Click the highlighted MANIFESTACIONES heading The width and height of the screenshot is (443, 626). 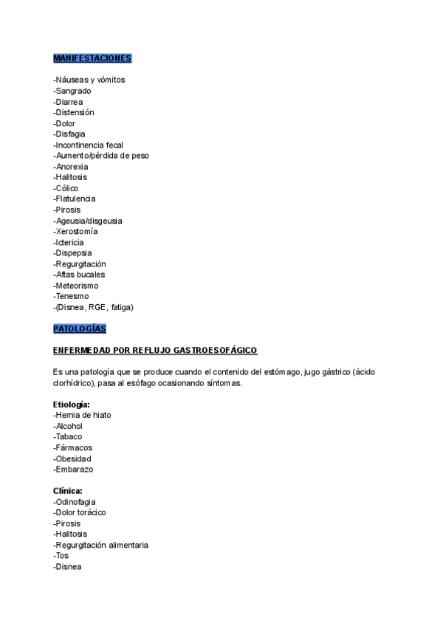pyautogui.click(x=92, y=58)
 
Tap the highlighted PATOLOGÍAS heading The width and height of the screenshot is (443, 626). pyautogui.click(x=80, y=328)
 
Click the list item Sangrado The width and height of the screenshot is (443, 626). pyautogui.click(x=73, y=91)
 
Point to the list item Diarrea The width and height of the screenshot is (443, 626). pyautogui.click(x=69, y=102)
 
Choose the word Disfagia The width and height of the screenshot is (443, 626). pyautogui.click(x=71, y=134)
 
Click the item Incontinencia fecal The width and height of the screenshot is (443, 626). pyautogui.click(x=89, y=145)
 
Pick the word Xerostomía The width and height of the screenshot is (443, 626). pyautogui.click(x=77, y=231)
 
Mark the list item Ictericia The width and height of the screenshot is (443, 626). pyautogui.click(x=69, y=242)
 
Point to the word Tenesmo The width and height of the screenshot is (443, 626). pyautogui.click(x=72, y=296)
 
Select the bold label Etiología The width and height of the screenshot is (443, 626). pyautogui.click(x=72, y=405)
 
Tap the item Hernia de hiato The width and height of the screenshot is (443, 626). pyautogui.click(x=83, y=415)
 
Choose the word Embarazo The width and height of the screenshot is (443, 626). pyautogui.click(x=75, y=469)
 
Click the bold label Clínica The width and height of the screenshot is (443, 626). pyautogui.click(x=68, y=491)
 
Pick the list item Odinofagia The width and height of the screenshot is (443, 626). pyautogui.click(x=75, y=502)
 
